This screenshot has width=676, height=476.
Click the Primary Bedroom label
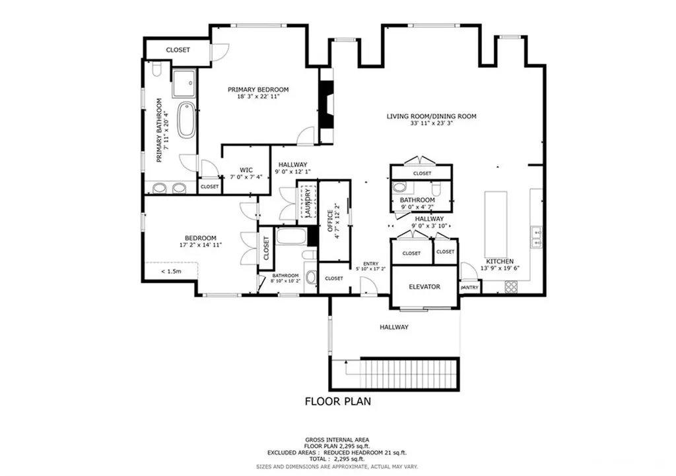point(258,90)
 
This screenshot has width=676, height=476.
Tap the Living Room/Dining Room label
point(432,116)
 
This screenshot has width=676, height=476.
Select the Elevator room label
point(424,287)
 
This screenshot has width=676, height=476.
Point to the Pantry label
point(469,287)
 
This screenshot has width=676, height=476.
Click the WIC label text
point(246,170)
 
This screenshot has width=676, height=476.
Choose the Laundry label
point(308,202)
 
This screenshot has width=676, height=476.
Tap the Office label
point(330,222)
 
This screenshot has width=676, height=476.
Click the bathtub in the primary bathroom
point(186,119)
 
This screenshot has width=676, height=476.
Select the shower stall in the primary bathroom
point(185,84)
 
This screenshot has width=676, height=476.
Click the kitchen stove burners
point(511,286)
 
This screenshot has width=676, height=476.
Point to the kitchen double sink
point(537,237)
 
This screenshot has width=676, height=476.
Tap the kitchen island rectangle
point(496,224)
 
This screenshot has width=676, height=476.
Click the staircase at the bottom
point(408,374)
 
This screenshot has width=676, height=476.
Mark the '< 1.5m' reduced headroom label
point(171,271)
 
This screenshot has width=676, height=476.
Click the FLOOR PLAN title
point(338,402)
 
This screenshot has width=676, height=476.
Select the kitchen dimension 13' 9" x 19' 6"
point(500,268)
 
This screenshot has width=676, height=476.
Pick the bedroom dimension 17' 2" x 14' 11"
point(201,245)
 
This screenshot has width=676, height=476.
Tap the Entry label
point(371,264)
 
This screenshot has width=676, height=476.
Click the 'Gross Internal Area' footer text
point(337,440)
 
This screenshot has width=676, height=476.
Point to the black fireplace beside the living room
point(326,104)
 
